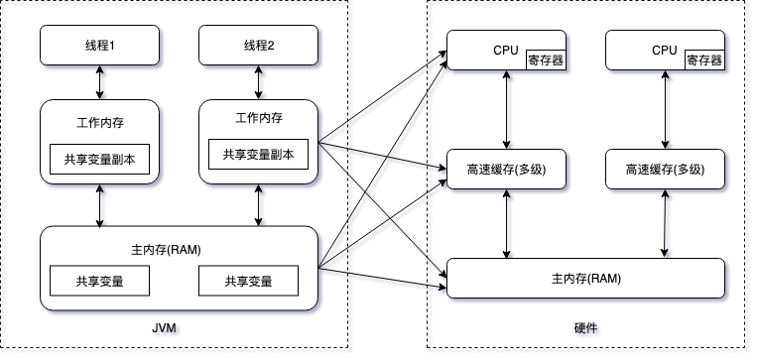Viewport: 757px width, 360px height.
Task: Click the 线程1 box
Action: [x=99, y=46]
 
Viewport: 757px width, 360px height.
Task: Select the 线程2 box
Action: [x=259, y=46]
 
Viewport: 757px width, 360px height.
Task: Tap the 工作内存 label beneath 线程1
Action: [x=100, y=124]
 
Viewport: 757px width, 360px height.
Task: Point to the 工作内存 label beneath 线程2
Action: [x=259, y=118]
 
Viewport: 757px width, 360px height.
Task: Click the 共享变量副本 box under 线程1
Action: [x=100, y=159]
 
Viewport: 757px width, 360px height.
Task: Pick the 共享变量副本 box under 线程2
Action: [x=259, y=154]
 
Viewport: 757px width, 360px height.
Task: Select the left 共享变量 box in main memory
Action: [x=100, y=281]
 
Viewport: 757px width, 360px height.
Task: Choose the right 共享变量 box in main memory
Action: [x=249, y=281]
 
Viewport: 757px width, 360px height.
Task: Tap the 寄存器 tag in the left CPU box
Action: [x=545, y=60]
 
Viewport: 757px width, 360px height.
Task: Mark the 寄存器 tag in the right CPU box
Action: [x=703, y=60]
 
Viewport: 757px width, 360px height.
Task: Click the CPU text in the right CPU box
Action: [x=664, y=50]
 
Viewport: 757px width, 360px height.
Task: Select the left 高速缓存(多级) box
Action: [x=506, y=170]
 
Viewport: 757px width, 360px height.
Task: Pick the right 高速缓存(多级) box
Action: [x=665, y=170]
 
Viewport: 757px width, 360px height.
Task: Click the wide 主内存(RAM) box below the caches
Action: [x=586, y=278]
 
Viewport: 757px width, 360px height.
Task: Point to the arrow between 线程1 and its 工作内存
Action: [x=100, y=83]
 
